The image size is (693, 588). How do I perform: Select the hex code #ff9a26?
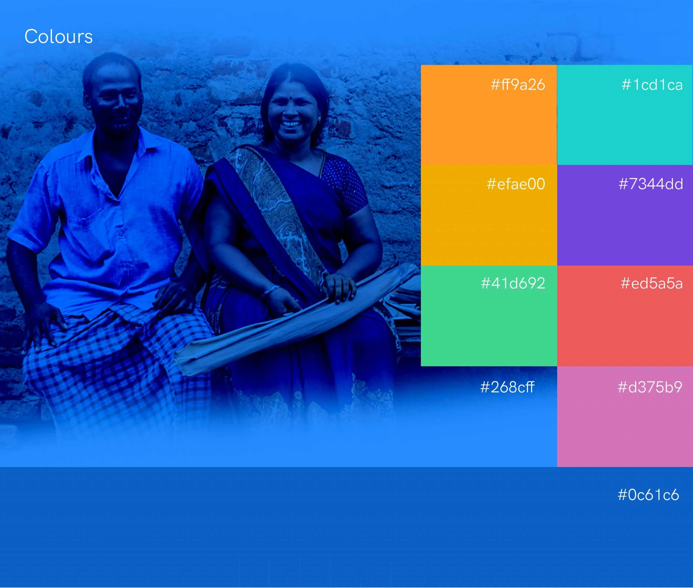tap(518, 84)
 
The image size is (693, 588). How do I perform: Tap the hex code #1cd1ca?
tap(652, 84)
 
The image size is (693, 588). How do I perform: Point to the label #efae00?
tap(516, 184)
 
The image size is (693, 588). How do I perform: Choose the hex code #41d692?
tap(513, 283)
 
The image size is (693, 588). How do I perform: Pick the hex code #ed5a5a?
tap(651, 283)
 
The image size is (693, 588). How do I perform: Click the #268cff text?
tap(507, 387)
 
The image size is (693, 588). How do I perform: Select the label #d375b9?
tap(650, 387)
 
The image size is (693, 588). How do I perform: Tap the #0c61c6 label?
tap(648, 495)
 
